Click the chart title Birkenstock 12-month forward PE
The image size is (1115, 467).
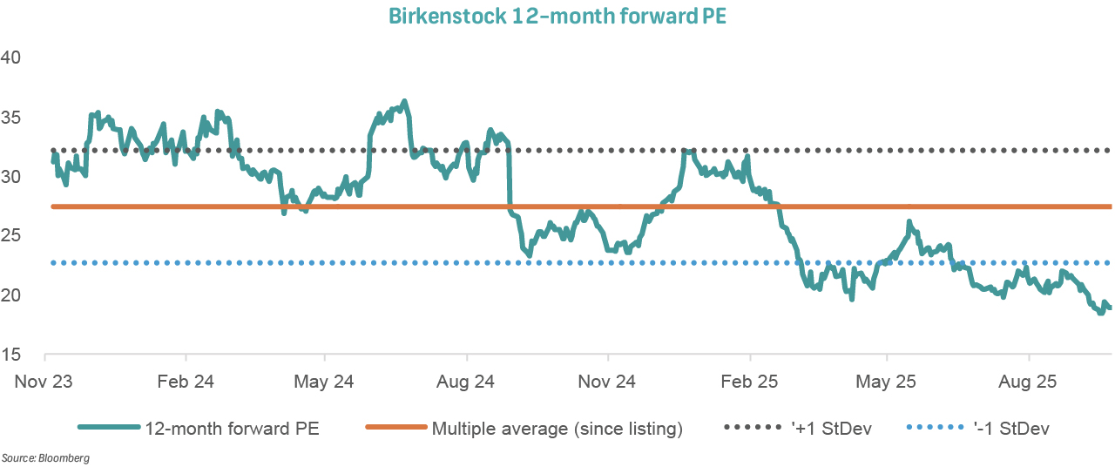(x=557, y=17)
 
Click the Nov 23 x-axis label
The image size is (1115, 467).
(x=44, y=382)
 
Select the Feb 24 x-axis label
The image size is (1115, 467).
(x=186, y=382)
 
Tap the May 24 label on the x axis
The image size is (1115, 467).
(x=324, y=382)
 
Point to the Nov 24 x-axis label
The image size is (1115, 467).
(x=608, y=382)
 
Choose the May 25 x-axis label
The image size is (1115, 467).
(x=887, y=382)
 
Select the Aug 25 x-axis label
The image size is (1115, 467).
(x=1030, y=382)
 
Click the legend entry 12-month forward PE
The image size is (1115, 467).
(x=232, y=428)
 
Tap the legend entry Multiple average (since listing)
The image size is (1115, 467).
(x=557, y=428)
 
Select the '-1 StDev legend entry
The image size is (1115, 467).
(x=1010, y=428)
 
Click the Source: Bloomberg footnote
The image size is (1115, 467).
(x=45, y=457)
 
